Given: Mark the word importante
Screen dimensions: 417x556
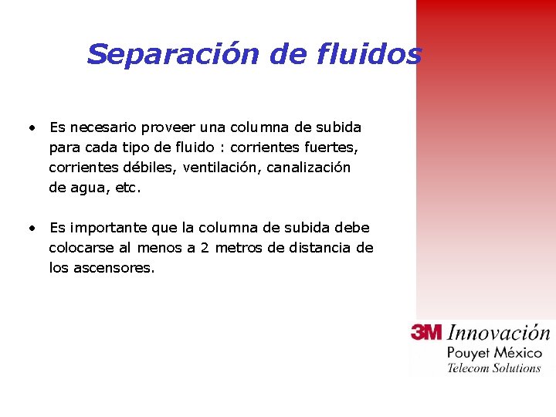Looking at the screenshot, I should pos(108,228).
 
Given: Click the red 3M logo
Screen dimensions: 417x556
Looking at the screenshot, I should pos(426,333).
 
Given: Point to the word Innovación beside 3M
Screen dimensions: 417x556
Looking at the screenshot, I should pos(499,334).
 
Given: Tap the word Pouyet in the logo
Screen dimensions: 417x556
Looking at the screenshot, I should pos(467,353).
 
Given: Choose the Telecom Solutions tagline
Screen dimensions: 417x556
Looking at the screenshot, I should pos(494,368).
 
